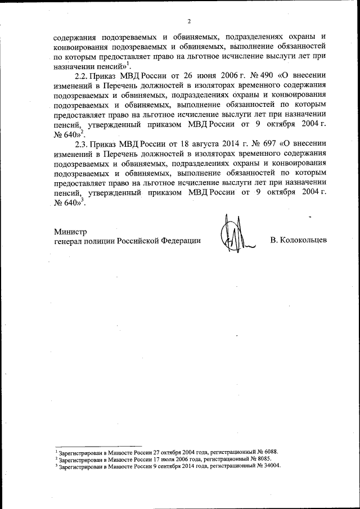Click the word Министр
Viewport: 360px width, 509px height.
click(x=70, y=231)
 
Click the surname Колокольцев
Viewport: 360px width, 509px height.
click(x=298, y=241)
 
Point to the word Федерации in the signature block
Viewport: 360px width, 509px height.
click(x=182, y=241)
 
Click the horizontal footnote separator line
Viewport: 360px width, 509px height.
click(x=90, y=445)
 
